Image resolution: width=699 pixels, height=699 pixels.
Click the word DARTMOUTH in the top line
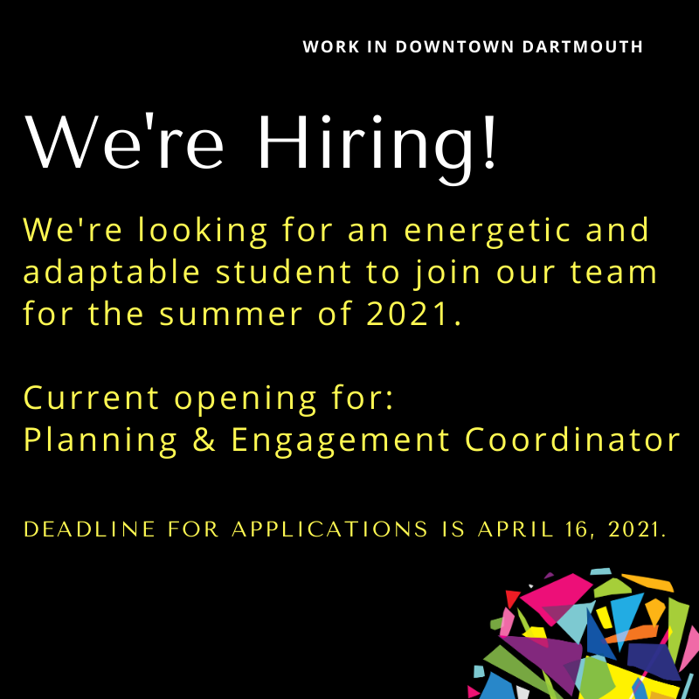pyautogui.click(x=582, y=47)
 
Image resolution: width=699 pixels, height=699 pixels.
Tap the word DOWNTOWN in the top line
pyautogui.click(x=454, y=47)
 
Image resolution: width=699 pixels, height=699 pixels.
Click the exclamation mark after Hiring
pyautogui.click(x=489, y=142)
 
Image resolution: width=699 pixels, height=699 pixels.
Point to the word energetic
pyautogui.click(x=488, y=232)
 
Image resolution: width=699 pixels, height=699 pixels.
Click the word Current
pyautogui.click(x=91, y=398)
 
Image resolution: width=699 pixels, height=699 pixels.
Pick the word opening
pyautogui.click(x=246, y=400)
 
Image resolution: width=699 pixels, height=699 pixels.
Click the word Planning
pyautogui.click(x=100, y=441)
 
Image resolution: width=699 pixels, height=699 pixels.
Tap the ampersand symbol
pyautogui.click(x=204, y=439)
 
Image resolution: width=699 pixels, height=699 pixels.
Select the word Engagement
pyautogui.click(x=340, y=441)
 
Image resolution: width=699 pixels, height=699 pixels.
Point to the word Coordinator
pyautogui.click(x=572, y=439)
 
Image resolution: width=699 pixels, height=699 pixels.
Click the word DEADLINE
pyautogui.click(x=89, y=529)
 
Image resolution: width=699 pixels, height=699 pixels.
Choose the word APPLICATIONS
pyautogui.click(x=330, y=529)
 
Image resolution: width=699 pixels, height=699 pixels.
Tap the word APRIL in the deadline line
pyautogui.click(x=516, y=529)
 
